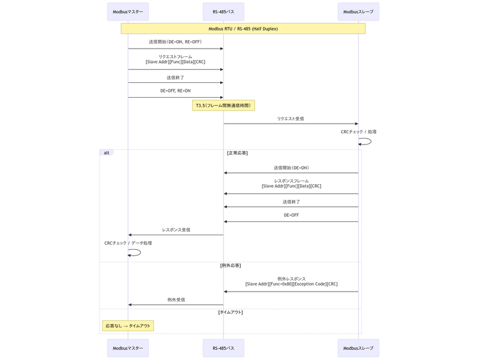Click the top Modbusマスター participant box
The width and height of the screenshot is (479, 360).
click(128, 11)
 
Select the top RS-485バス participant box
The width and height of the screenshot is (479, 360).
click(223, 11)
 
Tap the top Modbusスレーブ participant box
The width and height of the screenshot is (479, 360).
click(358, 11)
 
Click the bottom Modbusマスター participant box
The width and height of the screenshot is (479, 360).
click(128, 348)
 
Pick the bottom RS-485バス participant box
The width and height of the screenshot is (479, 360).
click(223, 348)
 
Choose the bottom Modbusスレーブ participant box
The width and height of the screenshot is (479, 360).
click(358, 348)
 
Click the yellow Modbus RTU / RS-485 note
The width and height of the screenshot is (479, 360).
click(243, 28)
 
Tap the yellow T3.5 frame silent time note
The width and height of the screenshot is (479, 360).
click(223, 106)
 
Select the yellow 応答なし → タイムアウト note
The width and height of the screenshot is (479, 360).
click(128, 326)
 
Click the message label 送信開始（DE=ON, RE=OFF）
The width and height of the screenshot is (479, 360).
click(175, 42)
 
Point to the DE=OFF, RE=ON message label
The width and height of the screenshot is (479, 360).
click(175, 91)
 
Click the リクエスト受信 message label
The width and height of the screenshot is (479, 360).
click(291, 119)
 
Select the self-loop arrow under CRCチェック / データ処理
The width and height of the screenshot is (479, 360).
click(136, 253)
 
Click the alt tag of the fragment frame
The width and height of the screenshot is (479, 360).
click(106, 153)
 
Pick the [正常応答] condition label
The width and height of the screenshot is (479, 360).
click(237, 153)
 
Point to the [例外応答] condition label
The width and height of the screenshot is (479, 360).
click(230, 265)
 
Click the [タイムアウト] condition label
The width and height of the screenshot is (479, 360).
click(230, 312)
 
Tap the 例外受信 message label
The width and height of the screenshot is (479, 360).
click(176, 299)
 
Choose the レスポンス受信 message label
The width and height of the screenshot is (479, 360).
click(176, 230)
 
